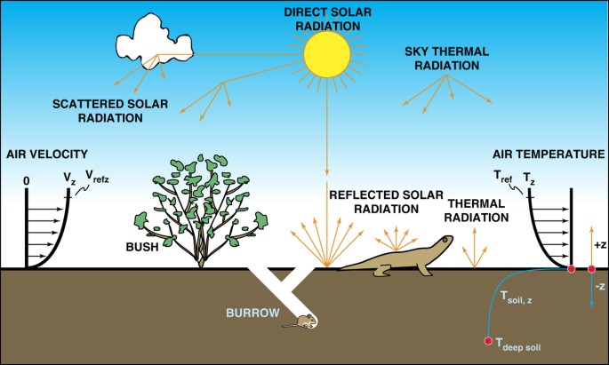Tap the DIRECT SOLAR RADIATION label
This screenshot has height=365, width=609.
tap(322, 19)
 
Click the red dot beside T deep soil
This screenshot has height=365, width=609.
tap(487, 341)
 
